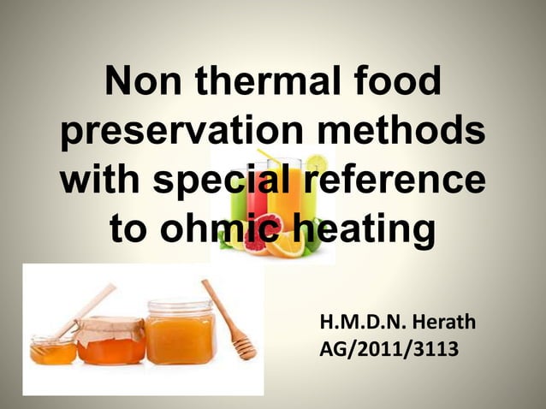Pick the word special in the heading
pyautogui.click(x=225, y=182)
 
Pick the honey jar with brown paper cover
pyautogui.click(x=110, y=340)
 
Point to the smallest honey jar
pyautogui.click(x=53, y=349)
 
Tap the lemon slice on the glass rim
pyautogui.click(x=316, y=163)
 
